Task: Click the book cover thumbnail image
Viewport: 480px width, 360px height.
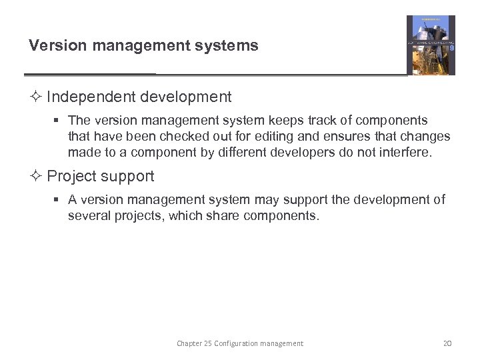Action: (x=431, y=45)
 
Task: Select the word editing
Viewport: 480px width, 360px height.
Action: (x=255, y=137)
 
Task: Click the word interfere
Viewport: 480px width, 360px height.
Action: (x=406, y=153)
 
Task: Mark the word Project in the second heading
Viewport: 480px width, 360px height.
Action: (x=71, y=177)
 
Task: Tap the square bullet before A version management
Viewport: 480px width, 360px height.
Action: (x=57, y=200)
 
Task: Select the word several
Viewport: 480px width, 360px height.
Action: (x=89, y=216)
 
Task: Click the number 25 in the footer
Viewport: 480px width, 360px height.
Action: (x=206, y=343)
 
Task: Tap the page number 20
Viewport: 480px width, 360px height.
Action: (x=447, y=343)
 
